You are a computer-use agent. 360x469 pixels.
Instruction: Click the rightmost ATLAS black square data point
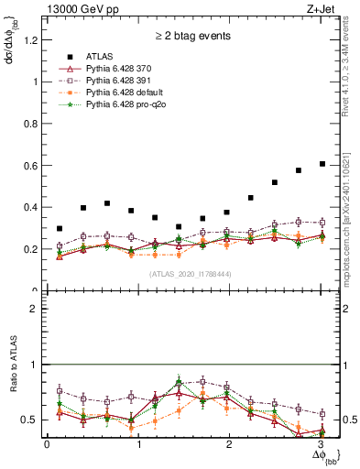click(322, 164)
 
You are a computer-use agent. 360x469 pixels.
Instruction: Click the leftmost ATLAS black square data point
click(60, 229)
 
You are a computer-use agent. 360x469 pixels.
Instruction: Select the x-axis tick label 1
click(138, 443)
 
